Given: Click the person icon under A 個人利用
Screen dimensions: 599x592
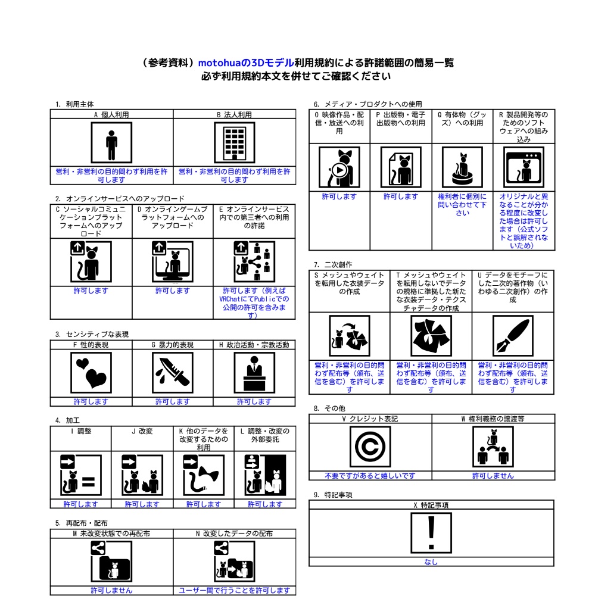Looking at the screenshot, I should click(x=111, y=142).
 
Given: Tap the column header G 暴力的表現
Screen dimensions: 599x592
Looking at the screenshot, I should click(x=172, y=344).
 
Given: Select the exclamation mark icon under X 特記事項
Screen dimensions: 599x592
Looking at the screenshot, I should click(x=431, y=533).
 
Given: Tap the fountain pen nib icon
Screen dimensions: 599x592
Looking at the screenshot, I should click(x=512, y=335).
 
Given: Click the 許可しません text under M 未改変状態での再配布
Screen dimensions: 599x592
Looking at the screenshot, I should click(x=111, y=590).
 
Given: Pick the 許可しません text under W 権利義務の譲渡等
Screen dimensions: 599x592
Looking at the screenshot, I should click(x=493, y=476).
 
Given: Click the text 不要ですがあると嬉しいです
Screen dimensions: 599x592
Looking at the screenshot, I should click(x=370, y=476).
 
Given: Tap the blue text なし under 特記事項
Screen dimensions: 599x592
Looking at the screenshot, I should click(x=431, y=561).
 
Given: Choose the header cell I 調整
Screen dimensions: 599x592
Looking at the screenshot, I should click(x=80, y=430).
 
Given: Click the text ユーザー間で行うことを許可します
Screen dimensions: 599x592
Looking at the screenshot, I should click(x=234, y=590).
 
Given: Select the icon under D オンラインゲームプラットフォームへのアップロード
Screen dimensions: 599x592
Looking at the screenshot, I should click(x=172, y=261).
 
